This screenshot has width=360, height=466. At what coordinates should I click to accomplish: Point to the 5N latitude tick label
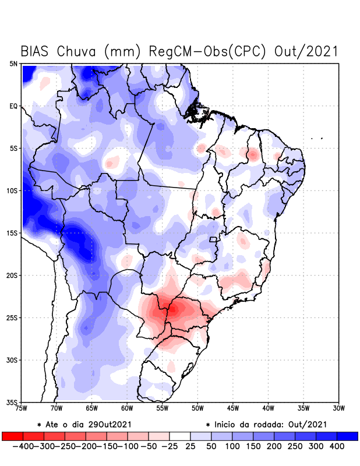click(x=13, y=64)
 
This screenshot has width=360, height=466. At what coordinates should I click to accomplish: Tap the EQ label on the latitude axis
click(x=13, y=106)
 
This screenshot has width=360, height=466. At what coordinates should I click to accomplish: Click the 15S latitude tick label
click(x=12, y=233)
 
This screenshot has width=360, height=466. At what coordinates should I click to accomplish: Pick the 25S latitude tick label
click(x=12, y=317)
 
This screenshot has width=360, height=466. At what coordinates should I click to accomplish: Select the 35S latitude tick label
click(x=12, y=402)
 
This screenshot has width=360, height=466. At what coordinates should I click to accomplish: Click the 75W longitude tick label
click(x=22, y=408)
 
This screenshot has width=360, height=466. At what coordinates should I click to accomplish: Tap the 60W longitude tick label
click(x=128, y=408)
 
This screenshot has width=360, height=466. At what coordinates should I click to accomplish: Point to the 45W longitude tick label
click(x=233, y=408)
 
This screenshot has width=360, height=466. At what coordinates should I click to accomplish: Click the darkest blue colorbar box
click(x=348, y=436)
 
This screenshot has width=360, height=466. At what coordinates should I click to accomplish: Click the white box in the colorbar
click(x=179, y=436)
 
